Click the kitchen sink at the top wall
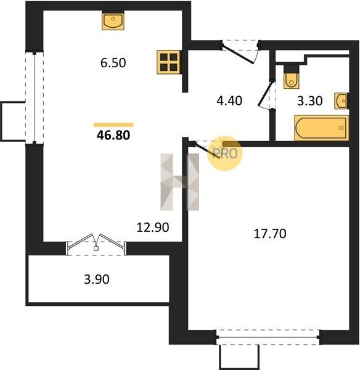(x=113, y=20)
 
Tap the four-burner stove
(x=169, y=62)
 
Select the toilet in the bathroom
(x=292, y=76)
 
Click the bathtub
(x=322, y=128)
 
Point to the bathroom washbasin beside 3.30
(x=342, y=101)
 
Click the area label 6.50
(x=113, y=63)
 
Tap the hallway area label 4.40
(x=229, y=101)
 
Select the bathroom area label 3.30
(x=309, y=101)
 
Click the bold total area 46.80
(x=113, y=135)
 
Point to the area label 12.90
(x=153, y=227)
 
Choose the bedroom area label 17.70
(x=270, y=233)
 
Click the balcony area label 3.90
(x=97, y=279)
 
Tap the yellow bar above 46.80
(x=113, y=125)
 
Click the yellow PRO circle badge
(x=225, y=154)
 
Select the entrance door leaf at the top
(x=238, y=54)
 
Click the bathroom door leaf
(x=266, y=94)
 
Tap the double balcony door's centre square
(x=96, y=249)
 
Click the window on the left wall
(x=35, y=97)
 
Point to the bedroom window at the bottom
(x=268, y=337)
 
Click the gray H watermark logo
(x=180, y=182)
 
